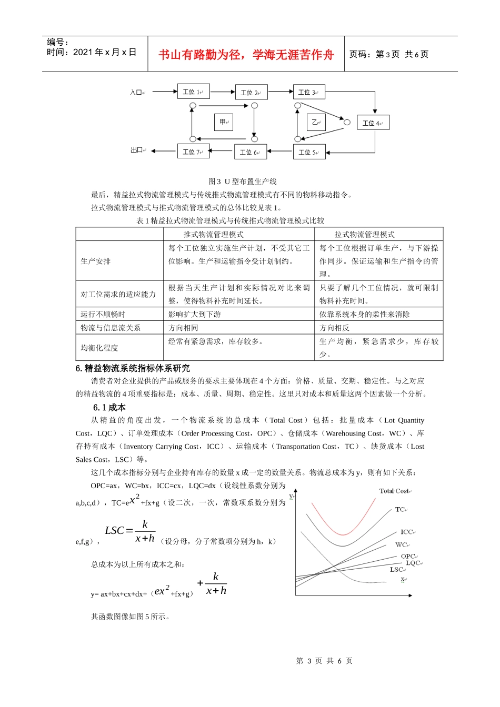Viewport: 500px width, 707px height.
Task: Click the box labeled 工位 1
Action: pyautogui.click(x=193, y=92)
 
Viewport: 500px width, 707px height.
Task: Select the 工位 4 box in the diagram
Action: pyautogui.click(x=373, y=123)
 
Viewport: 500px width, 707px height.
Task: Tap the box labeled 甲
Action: pyautogui.click(x=223, y=122)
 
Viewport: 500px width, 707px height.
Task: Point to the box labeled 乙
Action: pyautogui.click(x=316, y=122)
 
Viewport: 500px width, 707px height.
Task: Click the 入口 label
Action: pyautogui.click(x=136, y=93)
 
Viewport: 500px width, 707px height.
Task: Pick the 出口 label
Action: pyautogui.click(x=137, y=150)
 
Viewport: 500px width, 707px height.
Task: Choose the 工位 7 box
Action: pyautogui.click(x=193, y=151)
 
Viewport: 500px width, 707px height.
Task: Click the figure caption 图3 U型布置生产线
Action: pyautogui.click(x=242, y=181)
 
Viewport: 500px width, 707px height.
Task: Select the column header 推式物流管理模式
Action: pyautogui.click(x=213, y=235)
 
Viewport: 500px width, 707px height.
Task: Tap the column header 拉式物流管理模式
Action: pyautogui.click(x=364, y=235)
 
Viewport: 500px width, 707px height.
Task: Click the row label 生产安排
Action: pyautogui.click(x=96, y=261)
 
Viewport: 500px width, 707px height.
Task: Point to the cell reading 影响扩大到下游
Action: pyautogui.click(x=194, y=315)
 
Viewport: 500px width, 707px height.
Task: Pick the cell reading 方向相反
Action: pyautogui.click(x=334, y=328)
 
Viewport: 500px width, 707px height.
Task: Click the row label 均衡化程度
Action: pyautogui.click(x=99, y=348)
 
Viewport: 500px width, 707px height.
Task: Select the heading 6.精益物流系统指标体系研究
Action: pyautogui.click(x=133, y=368)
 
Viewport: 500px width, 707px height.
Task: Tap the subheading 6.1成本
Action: pyautogui.click(x=109, y=408)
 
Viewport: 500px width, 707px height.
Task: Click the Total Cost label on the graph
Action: pyautogui.click(x=394, y=491)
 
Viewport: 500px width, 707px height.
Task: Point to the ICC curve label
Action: pyautogui.click(x=407, y=532)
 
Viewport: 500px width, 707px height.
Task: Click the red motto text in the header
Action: pyautogui.click(x=246, y=55)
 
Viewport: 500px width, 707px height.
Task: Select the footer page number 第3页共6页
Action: pyautogui.click(x=324, y=661)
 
